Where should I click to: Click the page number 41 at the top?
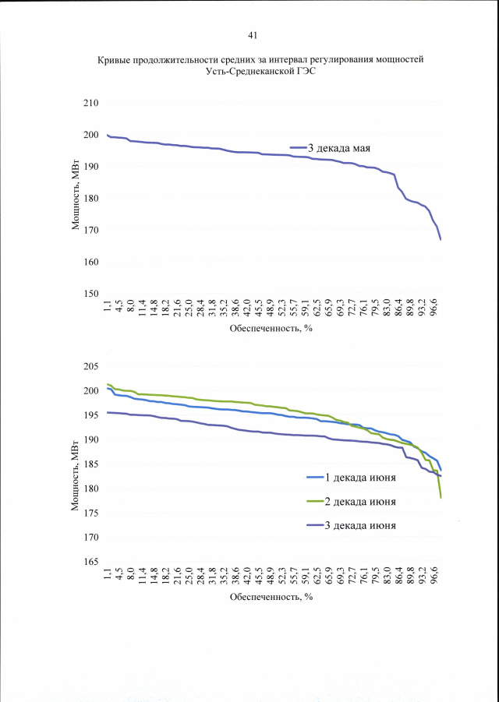(252, 35)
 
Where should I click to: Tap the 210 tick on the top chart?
(91, 104)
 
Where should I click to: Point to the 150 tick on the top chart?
(91, 294)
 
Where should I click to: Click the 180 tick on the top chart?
(91, 199)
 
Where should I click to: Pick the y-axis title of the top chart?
(76, 198)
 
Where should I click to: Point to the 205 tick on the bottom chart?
(91, 366)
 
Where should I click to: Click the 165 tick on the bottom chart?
(91, 562)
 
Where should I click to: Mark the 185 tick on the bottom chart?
(91, 464)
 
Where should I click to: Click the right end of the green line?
(441, 497)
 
